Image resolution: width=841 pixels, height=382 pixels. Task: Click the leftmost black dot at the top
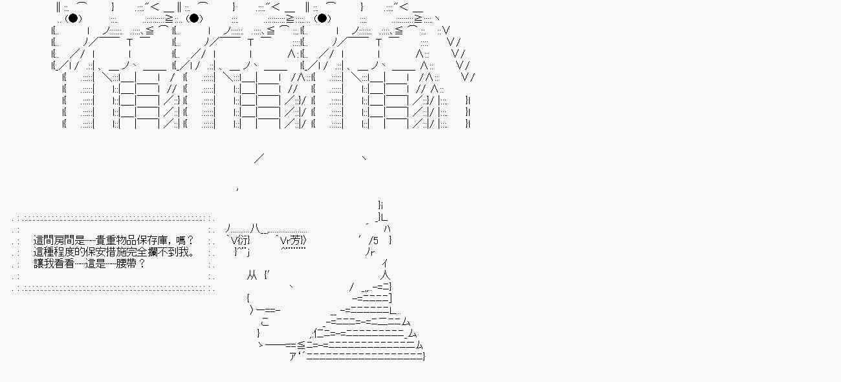pos(73,18)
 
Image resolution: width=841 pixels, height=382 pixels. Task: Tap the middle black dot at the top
pos(194,18)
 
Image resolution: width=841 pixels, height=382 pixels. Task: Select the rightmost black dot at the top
pos(322,18)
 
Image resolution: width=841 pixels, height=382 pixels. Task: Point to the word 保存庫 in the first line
pos(152,240)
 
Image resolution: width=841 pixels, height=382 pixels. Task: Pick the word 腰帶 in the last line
pos(126,264)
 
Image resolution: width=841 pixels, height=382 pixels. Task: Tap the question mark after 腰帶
pos(142,264)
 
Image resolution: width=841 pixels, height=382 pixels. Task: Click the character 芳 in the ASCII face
pos(296,240)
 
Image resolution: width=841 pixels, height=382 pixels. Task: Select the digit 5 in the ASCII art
pos(375,241)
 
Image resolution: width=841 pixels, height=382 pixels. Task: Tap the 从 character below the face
pos(252,276)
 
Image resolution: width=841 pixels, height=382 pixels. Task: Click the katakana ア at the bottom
pos(293,356)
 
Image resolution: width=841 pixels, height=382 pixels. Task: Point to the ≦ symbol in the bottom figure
pos(301,344)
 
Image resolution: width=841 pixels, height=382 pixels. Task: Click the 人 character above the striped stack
pos(385,276)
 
